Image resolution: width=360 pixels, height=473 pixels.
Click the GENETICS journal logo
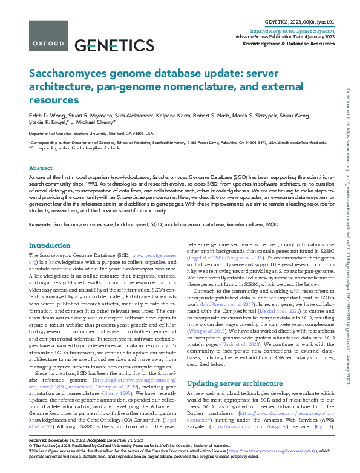pyautogui.click(x=114, y=45)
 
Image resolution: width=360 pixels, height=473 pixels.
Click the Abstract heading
pyautogui.click(x=41, y=168)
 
